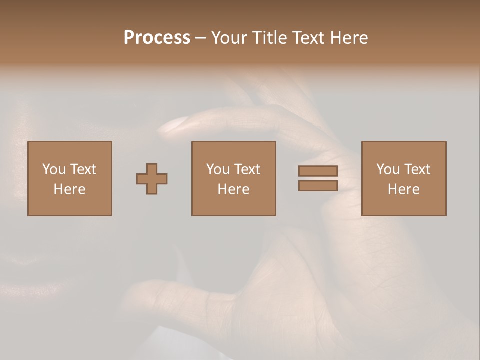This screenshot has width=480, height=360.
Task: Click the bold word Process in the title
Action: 157,38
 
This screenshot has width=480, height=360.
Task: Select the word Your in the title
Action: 227,38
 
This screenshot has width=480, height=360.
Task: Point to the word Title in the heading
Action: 268,38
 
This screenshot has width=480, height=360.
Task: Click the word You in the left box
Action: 54,169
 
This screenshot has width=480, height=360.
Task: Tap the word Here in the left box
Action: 69,189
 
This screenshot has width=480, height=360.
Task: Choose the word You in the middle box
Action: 218,169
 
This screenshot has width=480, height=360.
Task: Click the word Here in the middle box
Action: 233,189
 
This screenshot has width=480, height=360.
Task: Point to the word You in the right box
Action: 388,169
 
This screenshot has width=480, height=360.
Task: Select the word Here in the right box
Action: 403,189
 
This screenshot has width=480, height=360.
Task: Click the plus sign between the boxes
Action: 152,179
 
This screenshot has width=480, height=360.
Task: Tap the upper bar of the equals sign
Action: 318,171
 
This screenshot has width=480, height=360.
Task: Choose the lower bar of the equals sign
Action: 318,186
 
